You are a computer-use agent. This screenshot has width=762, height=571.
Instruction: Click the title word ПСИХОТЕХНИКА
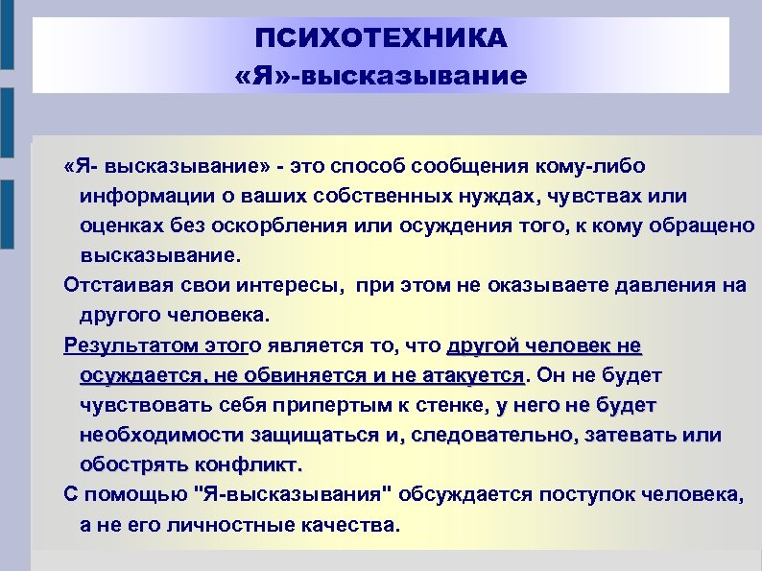click(x=381, y=39)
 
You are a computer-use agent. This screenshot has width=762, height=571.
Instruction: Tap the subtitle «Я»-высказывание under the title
click(x=381, y=74)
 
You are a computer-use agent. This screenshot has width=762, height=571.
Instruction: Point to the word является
click(x=312, y=345)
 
